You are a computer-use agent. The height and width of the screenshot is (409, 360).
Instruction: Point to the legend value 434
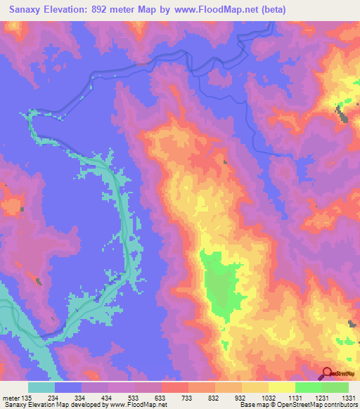[x=108, y=396]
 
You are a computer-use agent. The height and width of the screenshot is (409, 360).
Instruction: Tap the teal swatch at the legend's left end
[x=41, y=387]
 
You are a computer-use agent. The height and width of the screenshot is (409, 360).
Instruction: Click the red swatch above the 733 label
[x=175, y=387]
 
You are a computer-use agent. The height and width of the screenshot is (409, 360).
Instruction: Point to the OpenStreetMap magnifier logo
[x=328, y=375]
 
